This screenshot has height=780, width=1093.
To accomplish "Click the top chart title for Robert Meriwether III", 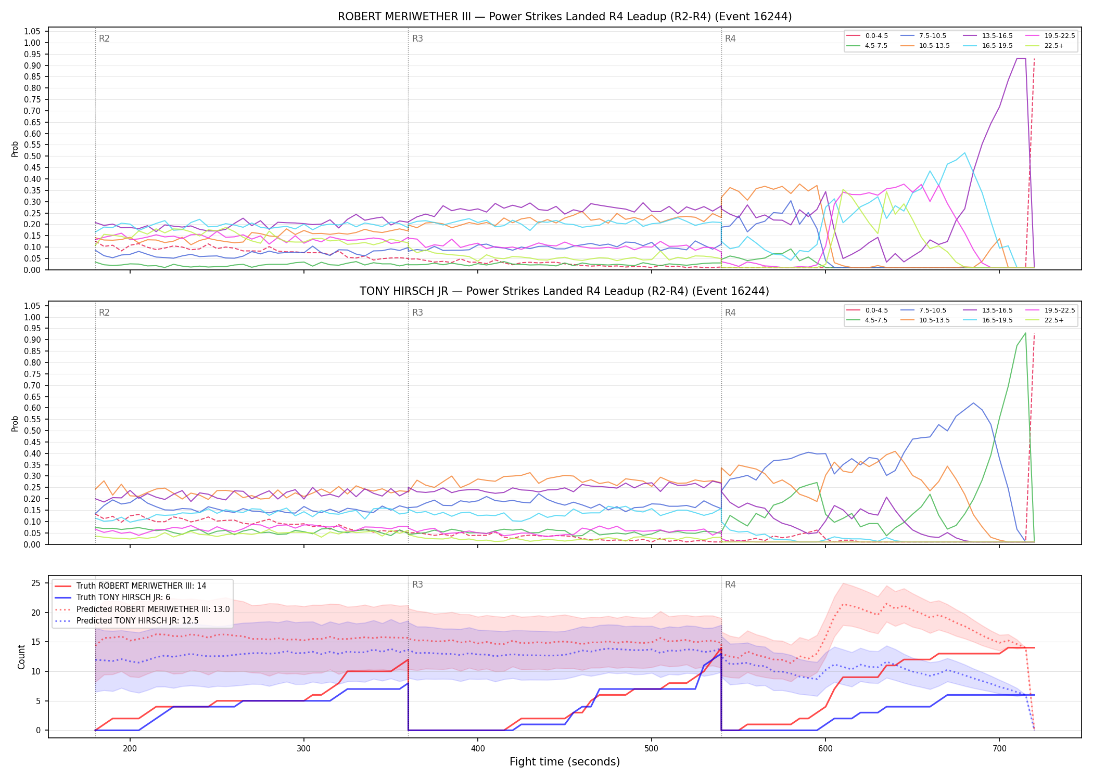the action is coord(565,17).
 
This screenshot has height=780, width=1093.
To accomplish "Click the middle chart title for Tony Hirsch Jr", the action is coord(564,291).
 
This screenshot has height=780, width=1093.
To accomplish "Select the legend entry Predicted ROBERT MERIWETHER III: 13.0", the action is coord(142,609).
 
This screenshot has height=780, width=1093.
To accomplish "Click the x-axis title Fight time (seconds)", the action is coord(565,762).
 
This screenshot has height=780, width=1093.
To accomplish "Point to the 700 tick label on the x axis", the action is coord(999,748).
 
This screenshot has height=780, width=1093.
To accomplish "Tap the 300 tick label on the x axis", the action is coord(304,748).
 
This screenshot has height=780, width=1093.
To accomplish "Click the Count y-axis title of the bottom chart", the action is coord(21,657).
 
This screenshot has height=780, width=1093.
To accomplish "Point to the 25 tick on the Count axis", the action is coord(35,583).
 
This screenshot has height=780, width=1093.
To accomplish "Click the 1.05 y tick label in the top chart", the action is coord(32,31).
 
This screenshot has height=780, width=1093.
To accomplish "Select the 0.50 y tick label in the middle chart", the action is coord(32,431).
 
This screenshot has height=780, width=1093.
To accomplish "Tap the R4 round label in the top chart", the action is coord(730,38).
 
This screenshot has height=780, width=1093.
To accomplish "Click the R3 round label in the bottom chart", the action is coord(417,584).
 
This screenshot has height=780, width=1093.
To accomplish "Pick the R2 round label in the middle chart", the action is coord(104,313).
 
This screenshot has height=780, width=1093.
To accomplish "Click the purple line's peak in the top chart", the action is coord(1021,58).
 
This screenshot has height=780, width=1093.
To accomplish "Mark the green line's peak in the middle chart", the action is coord(1025,333).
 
